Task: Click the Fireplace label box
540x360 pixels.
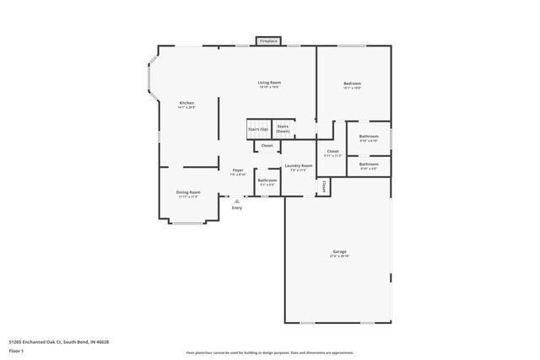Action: point(268,40)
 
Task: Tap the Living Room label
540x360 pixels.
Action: point(269,83)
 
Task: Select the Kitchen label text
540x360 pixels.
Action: point(186,104)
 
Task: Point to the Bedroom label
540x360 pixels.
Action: point(352,83)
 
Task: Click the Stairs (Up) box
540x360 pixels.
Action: point(258,130)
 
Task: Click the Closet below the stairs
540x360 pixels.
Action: point(267,146)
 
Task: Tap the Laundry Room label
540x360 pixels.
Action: point(299,166)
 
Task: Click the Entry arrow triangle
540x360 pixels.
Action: point(237,201)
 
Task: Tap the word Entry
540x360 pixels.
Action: point(237,207)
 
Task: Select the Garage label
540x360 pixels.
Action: point(339,252)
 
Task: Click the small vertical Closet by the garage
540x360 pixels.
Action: point(322,185)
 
